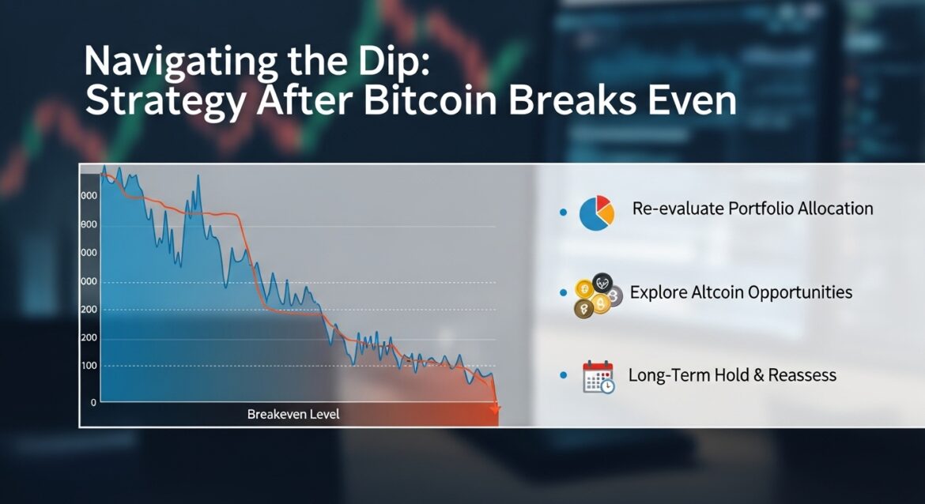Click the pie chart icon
[597, 213]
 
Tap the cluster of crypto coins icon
[597, 298]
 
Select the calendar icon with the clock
[598, 377]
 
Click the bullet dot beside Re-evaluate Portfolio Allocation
[563, 213]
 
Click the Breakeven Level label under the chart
[293, 414]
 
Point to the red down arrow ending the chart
[495, 408]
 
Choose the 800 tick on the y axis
[89, 224]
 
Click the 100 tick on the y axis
[89, 366]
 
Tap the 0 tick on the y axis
[93, 402]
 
